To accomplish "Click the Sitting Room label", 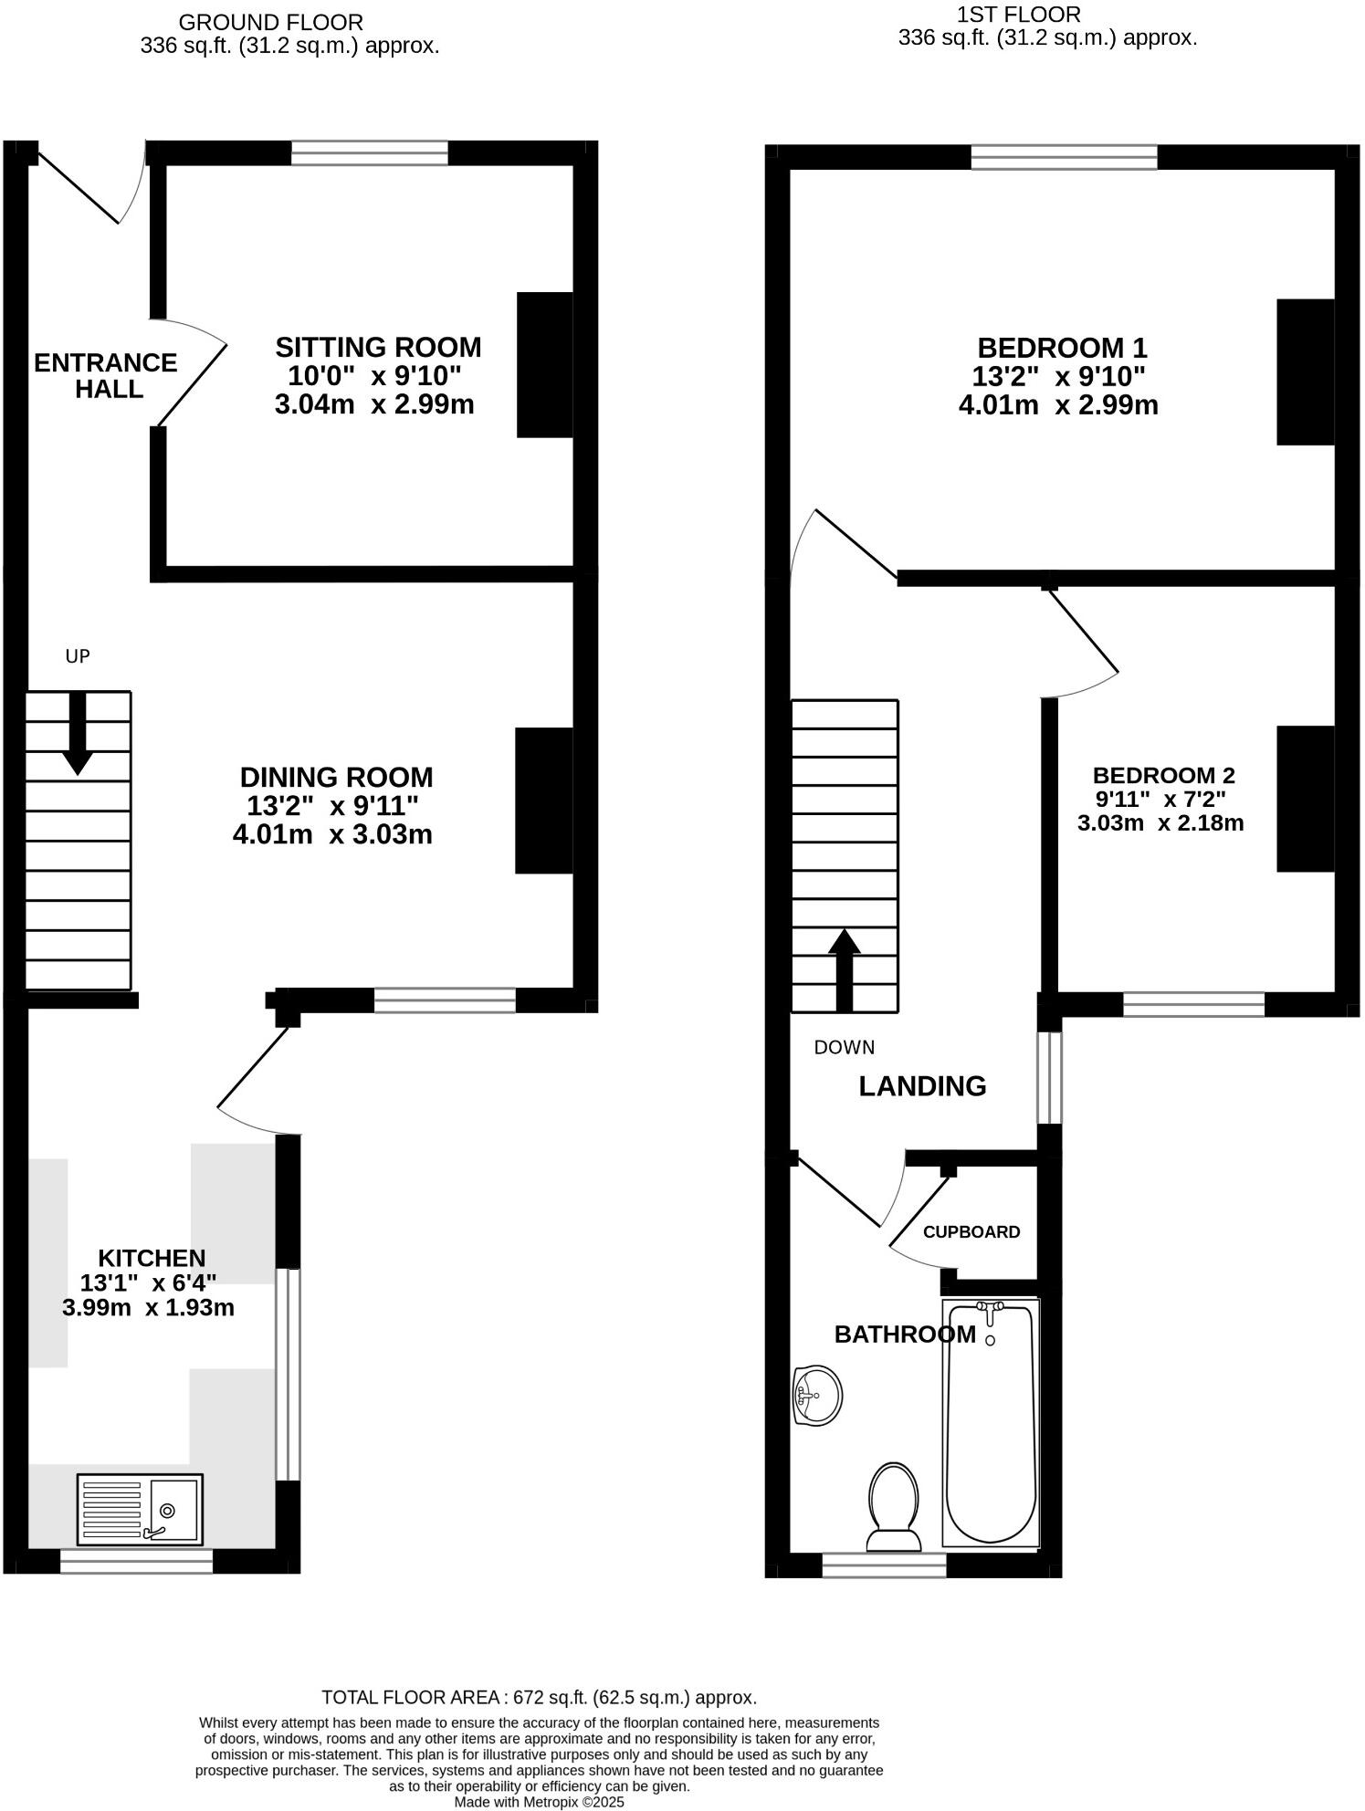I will [x=378, y=348].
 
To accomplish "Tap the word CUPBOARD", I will [x=971, y=1232].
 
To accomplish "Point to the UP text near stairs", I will [x=78, y=656].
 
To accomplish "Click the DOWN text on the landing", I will [x=844, y=1047].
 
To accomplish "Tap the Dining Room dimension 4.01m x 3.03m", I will [x=332, y=834].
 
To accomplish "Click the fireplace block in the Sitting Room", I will [x=545, y=365].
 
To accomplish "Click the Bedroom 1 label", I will [x=1062, y=348].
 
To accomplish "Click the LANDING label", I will [x=922, y=1086].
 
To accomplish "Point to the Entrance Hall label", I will [x=105, y=376].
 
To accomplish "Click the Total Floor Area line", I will [x=539, y=1698].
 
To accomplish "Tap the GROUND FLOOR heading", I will [x=270, y=22].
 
